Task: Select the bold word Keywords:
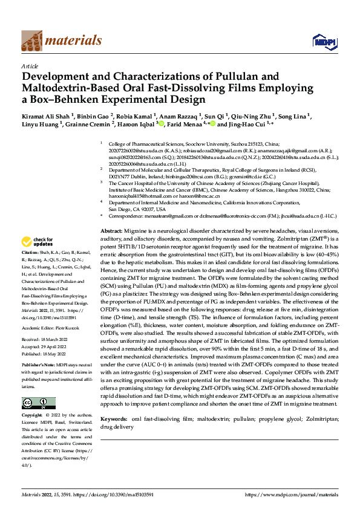click(x=113, y=418)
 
